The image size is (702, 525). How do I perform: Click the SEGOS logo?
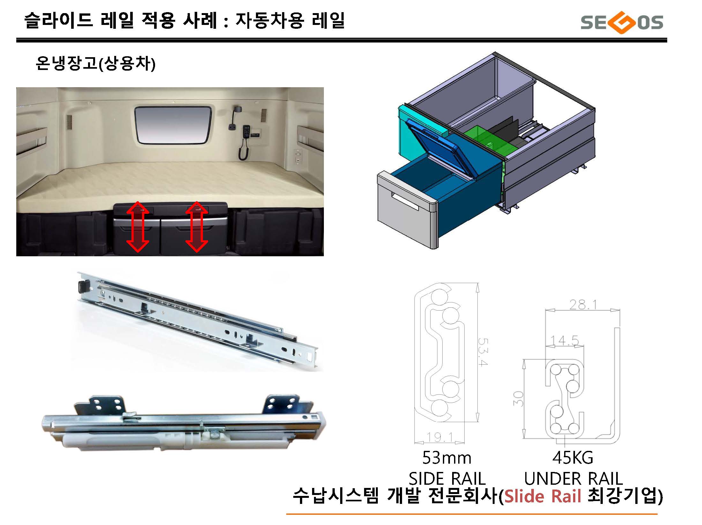point(622,22)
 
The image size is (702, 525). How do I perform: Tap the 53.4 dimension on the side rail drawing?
point(482,351)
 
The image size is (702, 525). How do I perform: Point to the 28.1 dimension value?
point(583,305)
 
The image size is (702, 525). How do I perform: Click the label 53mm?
point(446,458)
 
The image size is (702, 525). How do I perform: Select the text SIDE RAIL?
point(447,478)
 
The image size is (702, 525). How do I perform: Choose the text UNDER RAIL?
point(573,478)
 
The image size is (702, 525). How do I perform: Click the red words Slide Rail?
point(542,496)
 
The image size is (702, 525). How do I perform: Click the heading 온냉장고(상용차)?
point(95,63)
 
